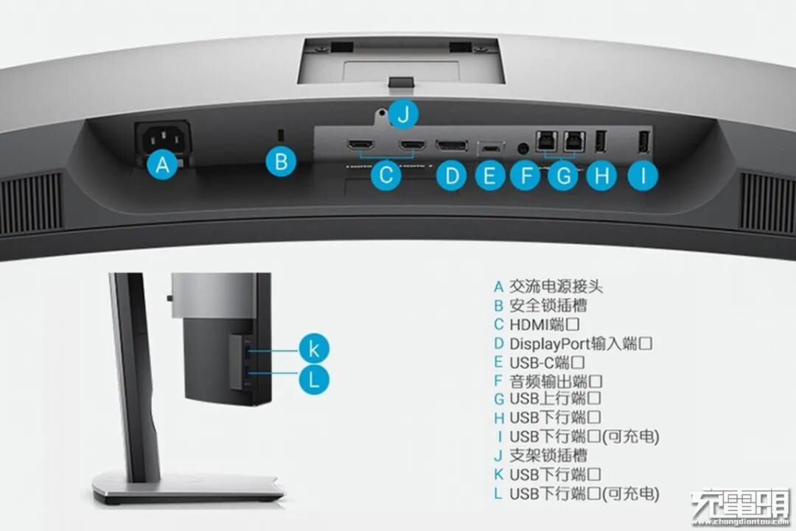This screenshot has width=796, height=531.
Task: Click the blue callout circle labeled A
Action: pos(163,166)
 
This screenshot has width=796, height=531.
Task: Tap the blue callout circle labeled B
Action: pos(281,162)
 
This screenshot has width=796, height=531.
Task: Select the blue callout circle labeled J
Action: pos(402,115)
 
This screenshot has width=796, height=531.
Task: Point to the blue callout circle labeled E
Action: pos(489,176)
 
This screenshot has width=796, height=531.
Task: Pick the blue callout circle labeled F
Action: pos(526,176)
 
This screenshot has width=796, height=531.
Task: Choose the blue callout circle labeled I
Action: pos(643,176)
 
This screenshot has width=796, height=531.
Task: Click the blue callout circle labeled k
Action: pos(313,348)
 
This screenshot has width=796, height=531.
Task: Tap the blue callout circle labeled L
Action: pos(313,379)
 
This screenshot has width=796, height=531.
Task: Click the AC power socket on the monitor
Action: pos(162,136)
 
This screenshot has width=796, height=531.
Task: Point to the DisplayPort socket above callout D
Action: pos(452,145)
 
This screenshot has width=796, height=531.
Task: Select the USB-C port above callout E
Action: pos(489,146)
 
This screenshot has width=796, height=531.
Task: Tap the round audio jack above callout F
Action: pos(524,147)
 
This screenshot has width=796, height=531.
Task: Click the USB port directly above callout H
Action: pos(600,142)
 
